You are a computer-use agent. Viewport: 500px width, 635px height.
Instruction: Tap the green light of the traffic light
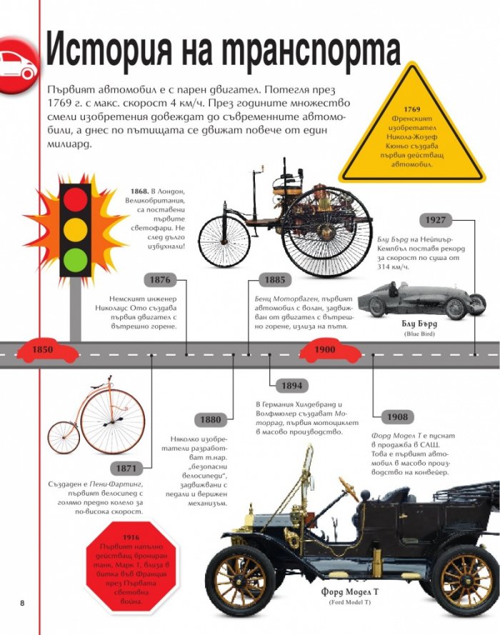pyautogui.click(x=75, y=259)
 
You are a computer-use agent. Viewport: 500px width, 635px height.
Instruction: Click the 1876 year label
pyautogui.click(x=160, y=280)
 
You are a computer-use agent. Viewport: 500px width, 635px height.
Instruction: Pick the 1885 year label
pyautogui.click(x=275, y=280)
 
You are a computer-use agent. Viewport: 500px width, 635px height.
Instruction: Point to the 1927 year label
pyautogui.click(x=435, y=220)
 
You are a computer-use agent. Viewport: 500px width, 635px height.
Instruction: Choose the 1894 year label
pyautogui.click(x=292, y=386)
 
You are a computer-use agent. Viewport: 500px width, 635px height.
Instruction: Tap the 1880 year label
pyautogui.click(x=211, y=419)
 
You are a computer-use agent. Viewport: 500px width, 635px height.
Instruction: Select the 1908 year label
pyautogui.click(x=397, y=417)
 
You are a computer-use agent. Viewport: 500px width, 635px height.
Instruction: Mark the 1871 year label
pyautogui.click(x=126, y=469)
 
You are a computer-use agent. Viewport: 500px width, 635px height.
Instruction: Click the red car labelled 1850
pyautogui.click(x=46, y=350)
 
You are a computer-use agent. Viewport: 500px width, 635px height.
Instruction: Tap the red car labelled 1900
pyautogui.click(x=330, y=350)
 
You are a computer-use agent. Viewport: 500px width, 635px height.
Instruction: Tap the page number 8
pyautogui.click(x=22, y=603)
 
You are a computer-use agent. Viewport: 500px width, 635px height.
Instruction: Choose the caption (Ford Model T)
pyautogui.click(x=350, y=603)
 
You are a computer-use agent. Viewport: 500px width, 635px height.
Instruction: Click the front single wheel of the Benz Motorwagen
pyautogui.click(x=225, y=237)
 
